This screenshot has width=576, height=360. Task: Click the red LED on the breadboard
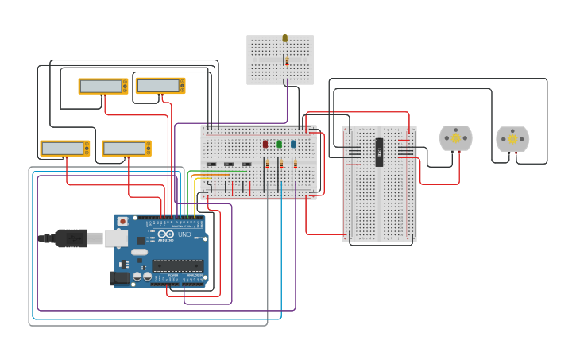[x=265, y=144]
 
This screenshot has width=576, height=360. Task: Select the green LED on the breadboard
[x=279, y=144]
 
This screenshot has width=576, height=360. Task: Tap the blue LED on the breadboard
[x=293, y=144]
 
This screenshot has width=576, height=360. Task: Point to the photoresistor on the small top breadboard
[x=285, y=38]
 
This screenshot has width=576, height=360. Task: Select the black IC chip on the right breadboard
[x=380, y=152]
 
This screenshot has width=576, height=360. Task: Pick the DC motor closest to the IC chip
[x=455, y=138]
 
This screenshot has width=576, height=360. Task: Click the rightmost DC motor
[x=512, y=139]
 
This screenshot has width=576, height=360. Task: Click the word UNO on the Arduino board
[x=184, y=234]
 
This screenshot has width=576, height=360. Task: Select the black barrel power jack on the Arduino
[x=119, y=277]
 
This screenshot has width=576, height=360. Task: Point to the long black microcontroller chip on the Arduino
[x=178, y=265]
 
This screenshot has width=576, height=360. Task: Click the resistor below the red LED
[x=268, y=164]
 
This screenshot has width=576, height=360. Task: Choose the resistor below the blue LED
[x=296, y=164]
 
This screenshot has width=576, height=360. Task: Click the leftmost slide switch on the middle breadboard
[x=211, y=165]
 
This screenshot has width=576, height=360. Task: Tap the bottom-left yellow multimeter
[x=65, y=148]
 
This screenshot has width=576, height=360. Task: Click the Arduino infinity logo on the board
[x=165, y=234]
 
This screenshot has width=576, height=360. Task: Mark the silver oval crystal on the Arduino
[x=140, y=252]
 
